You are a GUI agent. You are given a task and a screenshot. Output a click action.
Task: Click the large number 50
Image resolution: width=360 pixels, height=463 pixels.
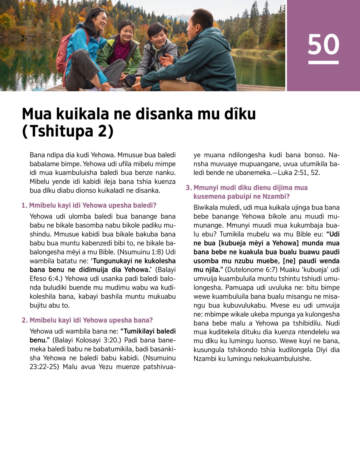pos(323,44)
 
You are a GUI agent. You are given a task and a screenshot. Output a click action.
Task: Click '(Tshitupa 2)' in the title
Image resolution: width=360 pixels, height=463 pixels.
pos(68,131)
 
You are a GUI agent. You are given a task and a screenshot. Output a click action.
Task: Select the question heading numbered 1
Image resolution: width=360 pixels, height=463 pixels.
pos(89,205)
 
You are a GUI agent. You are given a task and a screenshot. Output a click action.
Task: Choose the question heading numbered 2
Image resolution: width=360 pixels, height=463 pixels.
pos(87,320)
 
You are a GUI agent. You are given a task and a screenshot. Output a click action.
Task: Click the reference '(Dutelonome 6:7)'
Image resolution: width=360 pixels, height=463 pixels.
pos(251,269)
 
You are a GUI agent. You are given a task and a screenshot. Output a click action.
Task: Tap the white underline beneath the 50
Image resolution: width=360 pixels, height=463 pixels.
pos(323,62)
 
